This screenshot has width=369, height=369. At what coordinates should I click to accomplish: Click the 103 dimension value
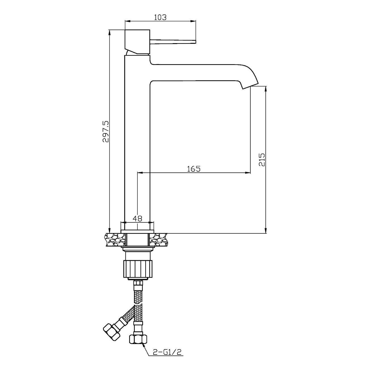(x=160, y=17)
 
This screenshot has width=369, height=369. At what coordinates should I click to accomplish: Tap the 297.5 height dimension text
(x=106, y=131)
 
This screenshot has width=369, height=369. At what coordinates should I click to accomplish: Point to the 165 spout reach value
(x=194, y=169)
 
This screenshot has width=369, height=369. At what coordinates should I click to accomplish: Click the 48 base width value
(x=137, y=218)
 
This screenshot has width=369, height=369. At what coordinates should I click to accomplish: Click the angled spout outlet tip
(x=251, y=86)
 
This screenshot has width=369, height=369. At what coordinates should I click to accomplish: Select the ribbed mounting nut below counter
(x=137, y=269)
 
